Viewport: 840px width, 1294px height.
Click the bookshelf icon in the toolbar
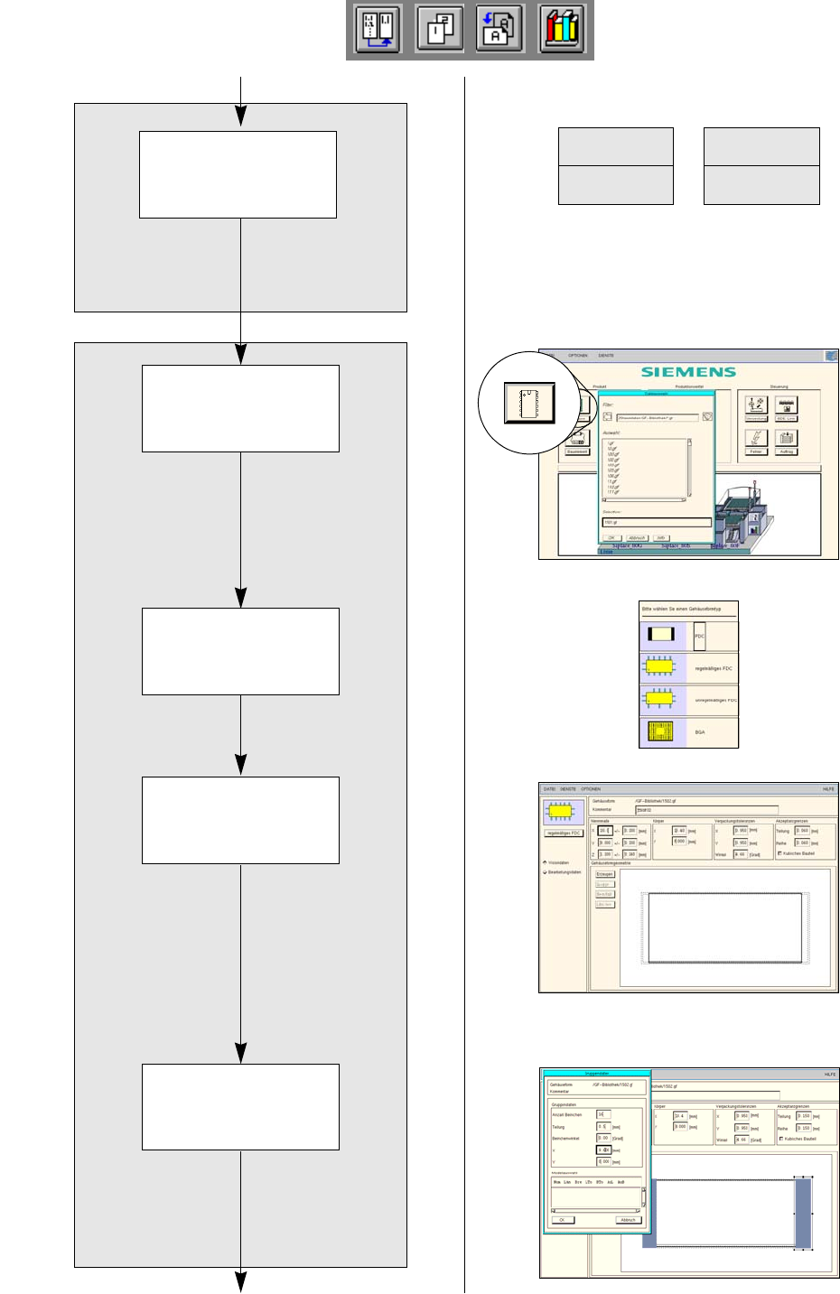tap(562, 29)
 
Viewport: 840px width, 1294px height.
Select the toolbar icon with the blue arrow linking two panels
tap(378, 29)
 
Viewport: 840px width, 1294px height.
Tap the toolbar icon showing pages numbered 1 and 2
tap(440, 29)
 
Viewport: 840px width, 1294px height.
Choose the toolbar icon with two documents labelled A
tap(499, 29)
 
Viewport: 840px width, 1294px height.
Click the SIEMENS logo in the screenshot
tap(688, 371)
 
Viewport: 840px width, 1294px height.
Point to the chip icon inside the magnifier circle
tap(529, 403)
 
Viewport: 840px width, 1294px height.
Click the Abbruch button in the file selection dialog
tap(637, 537)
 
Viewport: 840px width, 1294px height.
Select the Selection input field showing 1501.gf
tap(657, 522)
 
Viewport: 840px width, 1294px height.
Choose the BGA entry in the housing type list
tap(688, 731)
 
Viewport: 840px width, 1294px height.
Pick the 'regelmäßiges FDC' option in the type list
tap(688, 668)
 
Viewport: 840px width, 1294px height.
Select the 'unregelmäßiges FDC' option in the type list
tap(688, 700)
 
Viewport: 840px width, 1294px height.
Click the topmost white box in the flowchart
tap(238, 174)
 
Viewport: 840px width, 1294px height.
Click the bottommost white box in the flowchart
tap(240, 1106)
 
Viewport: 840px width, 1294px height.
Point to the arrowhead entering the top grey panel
tap(241, 116)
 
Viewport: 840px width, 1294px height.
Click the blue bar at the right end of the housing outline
tap(803, 1213)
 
